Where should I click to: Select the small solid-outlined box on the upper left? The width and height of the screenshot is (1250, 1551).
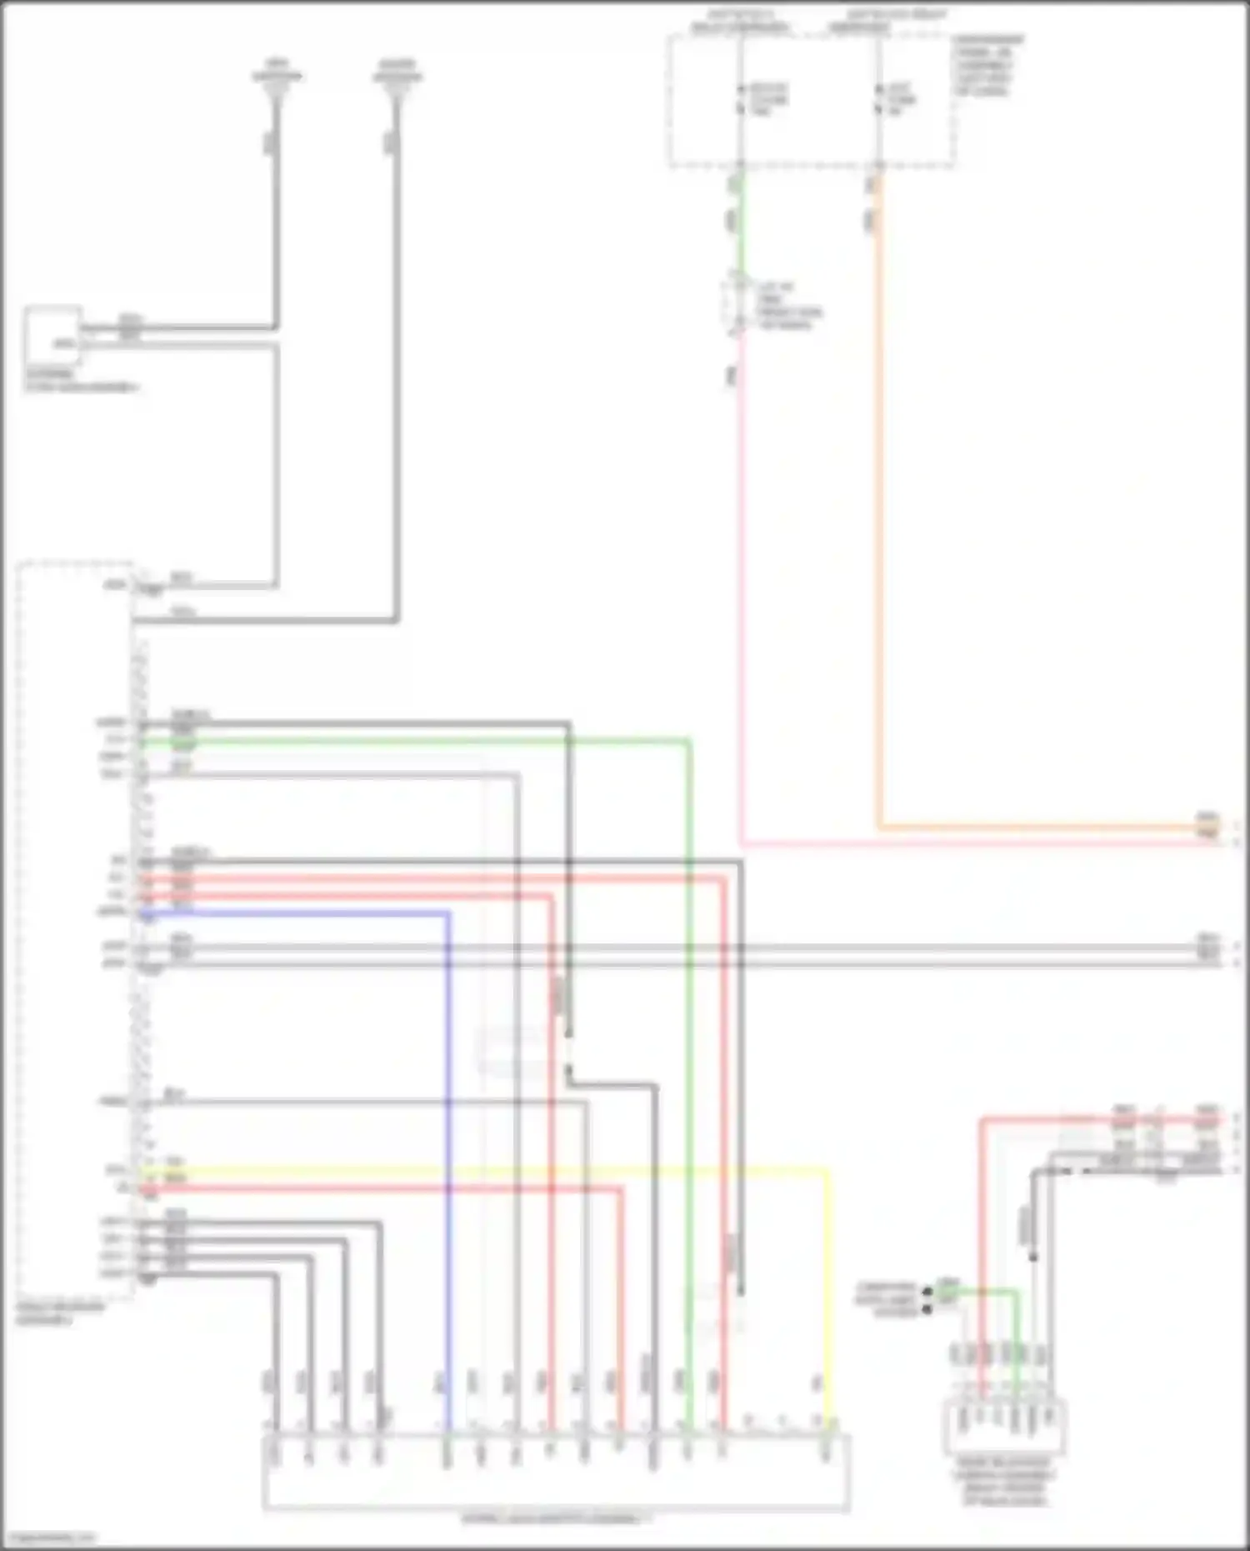[52, 335]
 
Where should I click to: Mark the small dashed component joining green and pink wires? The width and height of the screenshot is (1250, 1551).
[733, 304]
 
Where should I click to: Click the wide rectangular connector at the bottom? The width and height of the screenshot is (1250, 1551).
[556, 1471]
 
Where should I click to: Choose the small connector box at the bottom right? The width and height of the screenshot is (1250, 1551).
[1004, 1427]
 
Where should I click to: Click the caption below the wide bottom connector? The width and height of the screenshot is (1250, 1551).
[556, 1518]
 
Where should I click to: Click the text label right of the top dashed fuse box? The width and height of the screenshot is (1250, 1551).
[989, 65]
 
